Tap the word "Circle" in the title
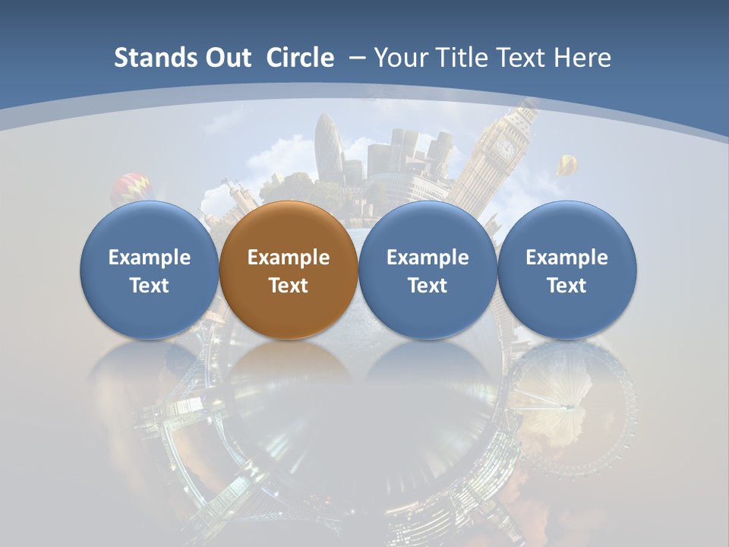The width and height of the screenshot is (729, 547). (x=300, y=58)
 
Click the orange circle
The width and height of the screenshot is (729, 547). (x=289, y=270)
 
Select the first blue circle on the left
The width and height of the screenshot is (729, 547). (x=149, y=270)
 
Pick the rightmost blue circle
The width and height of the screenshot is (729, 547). (x=566, y=270)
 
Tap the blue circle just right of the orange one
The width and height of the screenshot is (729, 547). (x=428, y=270)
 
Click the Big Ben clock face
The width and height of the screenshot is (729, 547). (x=506, y=147)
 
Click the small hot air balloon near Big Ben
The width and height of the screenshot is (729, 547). (x=567, y=163)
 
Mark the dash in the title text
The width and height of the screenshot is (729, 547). (x=356, y=58)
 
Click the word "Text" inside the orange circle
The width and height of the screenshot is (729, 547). (x=289, y=286)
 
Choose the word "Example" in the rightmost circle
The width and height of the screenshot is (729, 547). (x=566, y=258)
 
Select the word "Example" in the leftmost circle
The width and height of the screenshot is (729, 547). (x=149, y=258)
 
